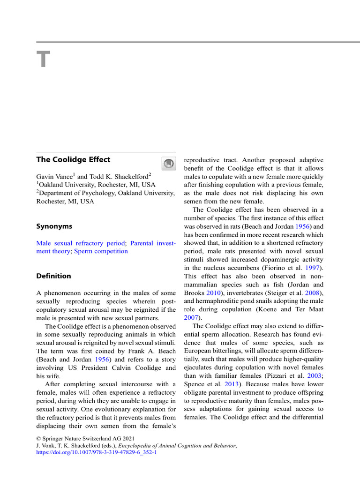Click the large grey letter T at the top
[43, 60]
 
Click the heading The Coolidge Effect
[73, 159]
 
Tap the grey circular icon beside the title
[168, 163]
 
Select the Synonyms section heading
[54, 226]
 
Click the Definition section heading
[54, 276]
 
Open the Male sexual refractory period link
[81, 243]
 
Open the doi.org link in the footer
[97, 453]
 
